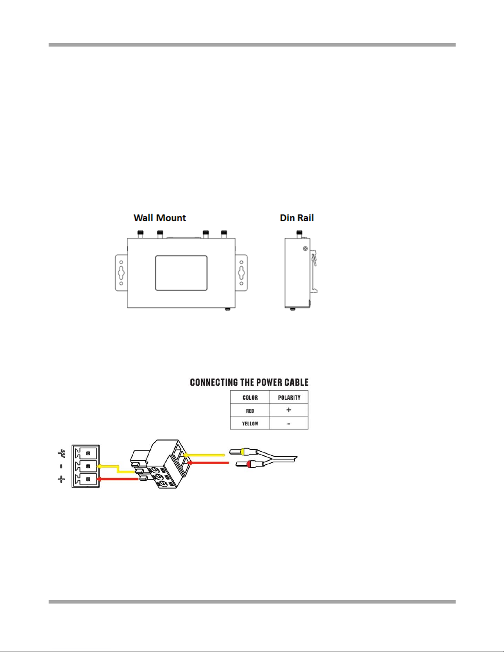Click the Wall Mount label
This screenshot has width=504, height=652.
pos(160,218)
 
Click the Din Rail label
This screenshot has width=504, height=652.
pos(297,218)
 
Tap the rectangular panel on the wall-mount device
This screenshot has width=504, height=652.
pos(181,273)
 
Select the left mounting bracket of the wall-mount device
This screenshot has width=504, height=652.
pos(121,273)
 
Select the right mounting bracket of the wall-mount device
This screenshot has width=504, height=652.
pos(242,273)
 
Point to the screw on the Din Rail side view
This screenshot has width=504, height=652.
pos(305,249)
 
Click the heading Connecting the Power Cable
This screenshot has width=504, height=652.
pos(249,382)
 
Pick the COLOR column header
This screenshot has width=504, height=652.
pos(250,397)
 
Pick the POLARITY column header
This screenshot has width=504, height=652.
pos(289,397)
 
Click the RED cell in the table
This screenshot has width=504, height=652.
pos(250,411)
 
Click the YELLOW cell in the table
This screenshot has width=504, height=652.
pos(250,424)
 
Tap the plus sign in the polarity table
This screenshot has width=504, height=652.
pos(288,410)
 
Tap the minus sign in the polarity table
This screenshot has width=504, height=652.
pos(288,424)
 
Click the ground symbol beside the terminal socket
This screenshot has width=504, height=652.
pos(61,453)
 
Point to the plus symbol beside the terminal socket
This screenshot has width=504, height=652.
pos(61,479)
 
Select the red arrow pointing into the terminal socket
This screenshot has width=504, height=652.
pos(118,479)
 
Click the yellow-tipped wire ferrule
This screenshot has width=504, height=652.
pos(243,452)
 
